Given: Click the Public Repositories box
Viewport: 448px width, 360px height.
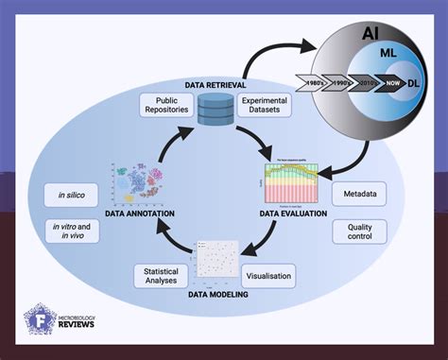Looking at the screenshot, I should coord(167,105).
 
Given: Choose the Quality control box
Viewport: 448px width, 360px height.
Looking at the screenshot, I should coord(360,233).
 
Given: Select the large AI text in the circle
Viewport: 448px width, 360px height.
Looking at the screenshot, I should coord(371,34).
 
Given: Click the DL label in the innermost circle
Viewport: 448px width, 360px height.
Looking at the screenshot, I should coord(413,83).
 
